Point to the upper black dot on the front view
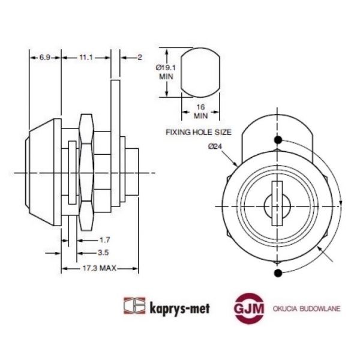point(277,140)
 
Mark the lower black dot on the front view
point(277,274)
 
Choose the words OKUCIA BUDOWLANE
point(306,307)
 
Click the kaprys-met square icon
point(134,307)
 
